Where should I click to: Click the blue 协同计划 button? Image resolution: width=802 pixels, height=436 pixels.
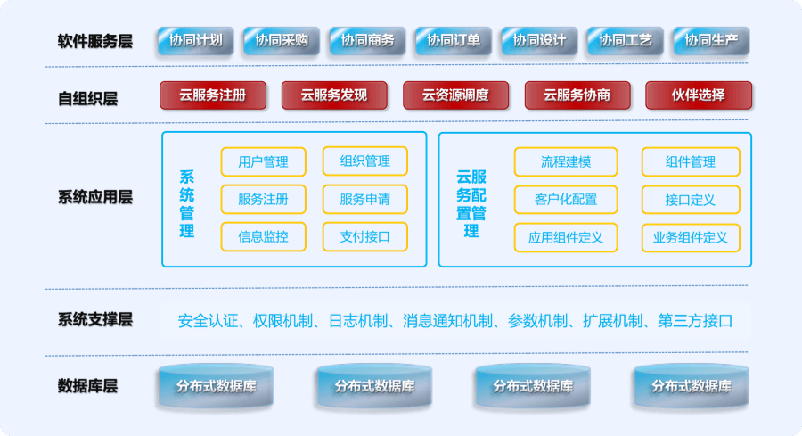point(196,40)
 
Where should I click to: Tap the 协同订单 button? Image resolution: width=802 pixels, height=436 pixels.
point(454,40)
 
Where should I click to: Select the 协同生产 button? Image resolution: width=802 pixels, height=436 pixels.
point(711,40)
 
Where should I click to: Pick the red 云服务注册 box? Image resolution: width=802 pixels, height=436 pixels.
point(213,95)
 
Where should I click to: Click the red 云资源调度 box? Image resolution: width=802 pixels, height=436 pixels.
point(455,95)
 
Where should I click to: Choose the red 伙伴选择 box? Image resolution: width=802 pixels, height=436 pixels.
point(699,95)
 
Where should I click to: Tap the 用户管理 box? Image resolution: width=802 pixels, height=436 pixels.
point(264,161)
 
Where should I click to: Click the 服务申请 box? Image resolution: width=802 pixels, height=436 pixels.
point(365,199)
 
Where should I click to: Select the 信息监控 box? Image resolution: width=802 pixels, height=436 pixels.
point(264,236)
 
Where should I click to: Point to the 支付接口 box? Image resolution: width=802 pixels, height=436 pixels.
point(365,236)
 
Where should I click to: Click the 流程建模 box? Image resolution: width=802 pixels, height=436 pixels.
point(566,161)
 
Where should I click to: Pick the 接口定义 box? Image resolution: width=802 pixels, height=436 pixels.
point(691,200)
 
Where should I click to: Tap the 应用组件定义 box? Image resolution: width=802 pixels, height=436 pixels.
point(566,237)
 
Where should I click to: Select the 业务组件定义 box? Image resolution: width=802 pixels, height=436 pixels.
point(691,237)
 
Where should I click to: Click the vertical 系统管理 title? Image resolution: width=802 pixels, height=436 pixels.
point(187,204)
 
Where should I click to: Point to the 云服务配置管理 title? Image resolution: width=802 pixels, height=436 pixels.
point(471,204)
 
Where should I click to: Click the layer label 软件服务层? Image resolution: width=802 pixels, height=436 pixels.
point(95,41)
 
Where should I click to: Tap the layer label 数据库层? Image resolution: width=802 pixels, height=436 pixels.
point(87,386)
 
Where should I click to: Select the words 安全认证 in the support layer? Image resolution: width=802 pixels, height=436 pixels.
point(209,321)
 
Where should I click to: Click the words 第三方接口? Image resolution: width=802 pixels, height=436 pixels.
point(695,321)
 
